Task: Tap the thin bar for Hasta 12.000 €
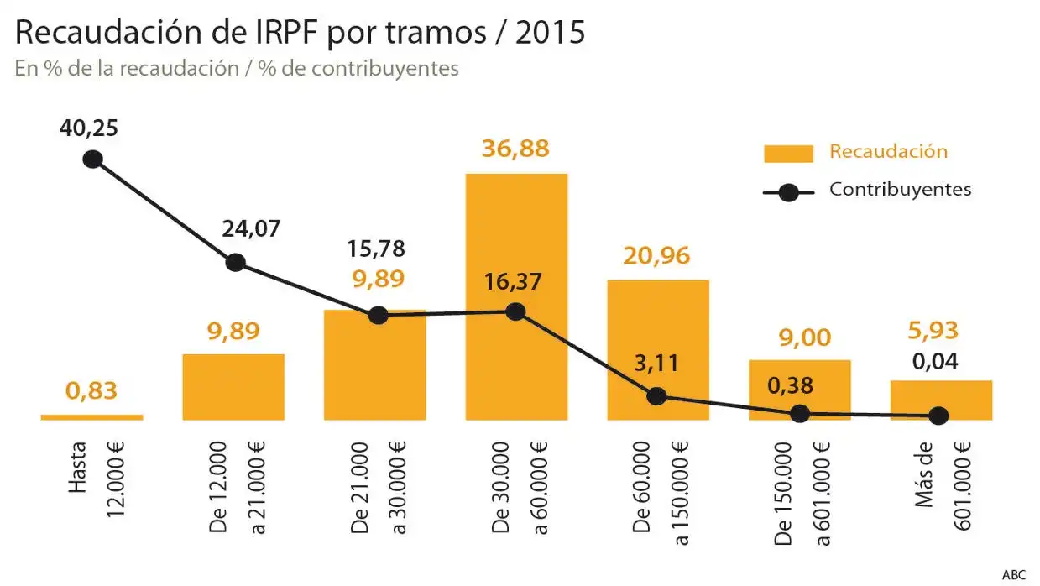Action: click(x=91, y=416)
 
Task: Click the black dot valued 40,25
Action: click(x=92, y=159)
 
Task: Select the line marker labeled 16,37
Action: click(x=516, y=311)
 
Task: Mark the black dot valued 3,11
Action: click(x=657, y=395)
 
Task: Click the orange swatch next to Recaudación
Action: click(x=787, y=153)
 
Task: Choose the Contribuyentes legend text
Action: click(x=900, y=190)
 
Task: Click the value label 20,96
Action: click(x=656, y=256)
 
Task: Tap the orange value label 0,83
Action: click(x=91, y=390)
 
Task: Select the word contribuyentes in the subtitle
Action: click(x=385, y=68)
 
